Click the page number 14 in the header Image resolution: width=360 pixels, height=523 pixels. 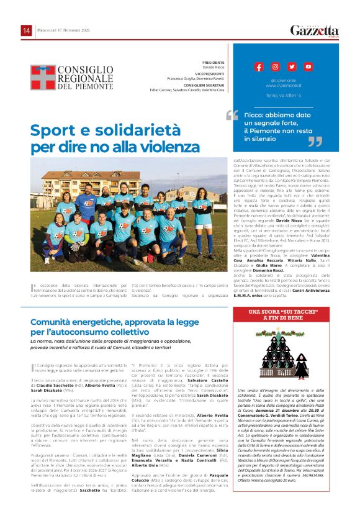(26, 30)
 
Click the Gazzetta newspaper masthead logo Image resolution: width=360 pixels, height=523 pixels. (315, 30)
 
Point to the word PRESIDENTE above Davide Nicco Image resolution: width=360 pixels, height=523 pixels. (213, 63)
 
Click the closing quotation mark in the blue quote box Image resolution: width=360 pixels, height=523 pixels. (315, 142)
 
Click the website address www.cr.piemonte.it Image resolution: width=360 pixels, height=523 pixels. (283, 85)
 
